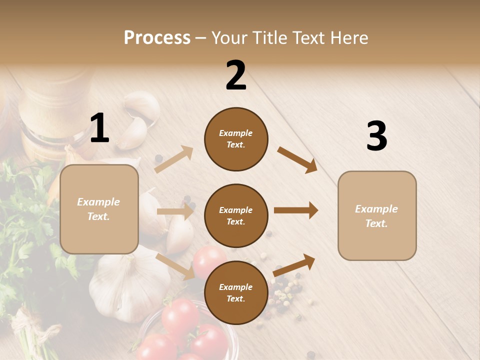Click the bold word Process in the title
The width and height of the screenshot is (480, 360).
tap(157, 38)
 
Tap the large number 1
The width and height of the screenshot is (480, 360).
tap(99, 128)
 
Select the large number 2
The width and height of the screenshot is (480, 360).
tap(236, 75)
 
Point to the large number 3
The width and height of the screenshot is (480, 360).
tap(376, 136)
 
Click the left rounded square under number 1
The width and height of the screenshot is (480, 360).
tap(99, 209)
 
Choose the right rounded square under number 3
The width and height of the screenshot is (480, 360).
tap(377, 216)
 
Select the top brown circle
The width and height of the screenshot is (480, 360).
tap(236, 139)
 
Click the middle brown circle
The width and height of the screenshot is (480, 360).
tap(236, 215)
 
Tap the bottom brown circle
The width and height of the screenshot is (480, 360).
tap(236, 292)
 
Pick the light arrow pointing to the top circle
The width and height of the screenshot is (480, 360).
tap(174, 159)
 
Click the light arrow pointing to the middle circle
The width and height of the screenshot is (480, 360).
tap(175, 211)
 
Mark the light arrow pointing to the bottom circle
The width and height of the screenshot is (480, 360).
tap(175, 266)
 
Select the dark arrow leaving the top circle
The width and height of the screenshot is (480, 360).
tap(297, 159)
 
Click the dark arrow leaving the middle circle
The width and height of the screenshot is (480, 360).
tap(295, 210)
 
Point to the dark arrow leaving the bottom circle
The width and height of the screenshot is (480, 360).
tap(294, 265)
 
